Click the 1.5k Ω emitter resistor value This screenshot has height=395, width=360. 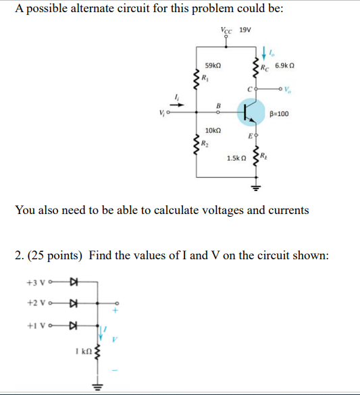coord(236,157)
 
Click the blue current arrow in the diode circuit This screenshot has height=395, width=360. coord(104,332)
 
